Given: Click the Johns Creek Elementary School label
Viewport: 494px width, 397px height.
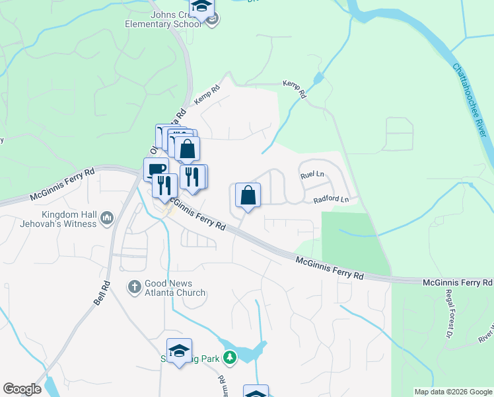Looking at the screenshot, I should point(163,18).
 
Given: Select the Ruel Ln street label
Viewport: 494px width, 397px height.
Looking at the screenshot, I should point(312,175).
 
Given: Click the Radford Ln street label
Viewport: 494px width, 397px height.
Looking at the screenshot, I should point(330,198).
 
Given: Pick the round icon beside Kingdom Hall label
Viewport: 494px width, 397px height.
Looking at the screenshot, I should point(107,217).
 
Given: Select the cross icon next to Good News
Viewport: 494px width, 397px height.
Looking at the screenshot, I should point(134,287).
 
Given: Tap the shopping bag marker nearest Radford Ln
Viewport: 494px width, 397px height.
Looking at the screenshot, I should point(248,195).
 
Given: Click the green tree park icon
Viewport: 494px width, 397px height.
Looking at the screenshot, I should point(230,358).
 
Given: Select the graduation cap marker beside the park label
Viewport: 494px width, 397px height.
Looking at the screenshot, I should point(179,351).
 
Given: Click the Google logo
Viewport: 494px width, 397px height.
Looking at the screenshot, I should point(22,389).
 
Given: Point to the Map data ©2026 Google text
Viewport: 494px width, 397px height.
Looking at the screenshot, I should point(453,392).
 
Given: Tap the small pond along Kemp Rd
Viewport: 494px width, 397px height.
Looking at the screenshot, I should point(319,80).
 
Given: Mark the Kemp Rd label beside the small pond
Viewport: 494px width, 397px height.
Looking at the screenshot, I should point(295,89).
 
